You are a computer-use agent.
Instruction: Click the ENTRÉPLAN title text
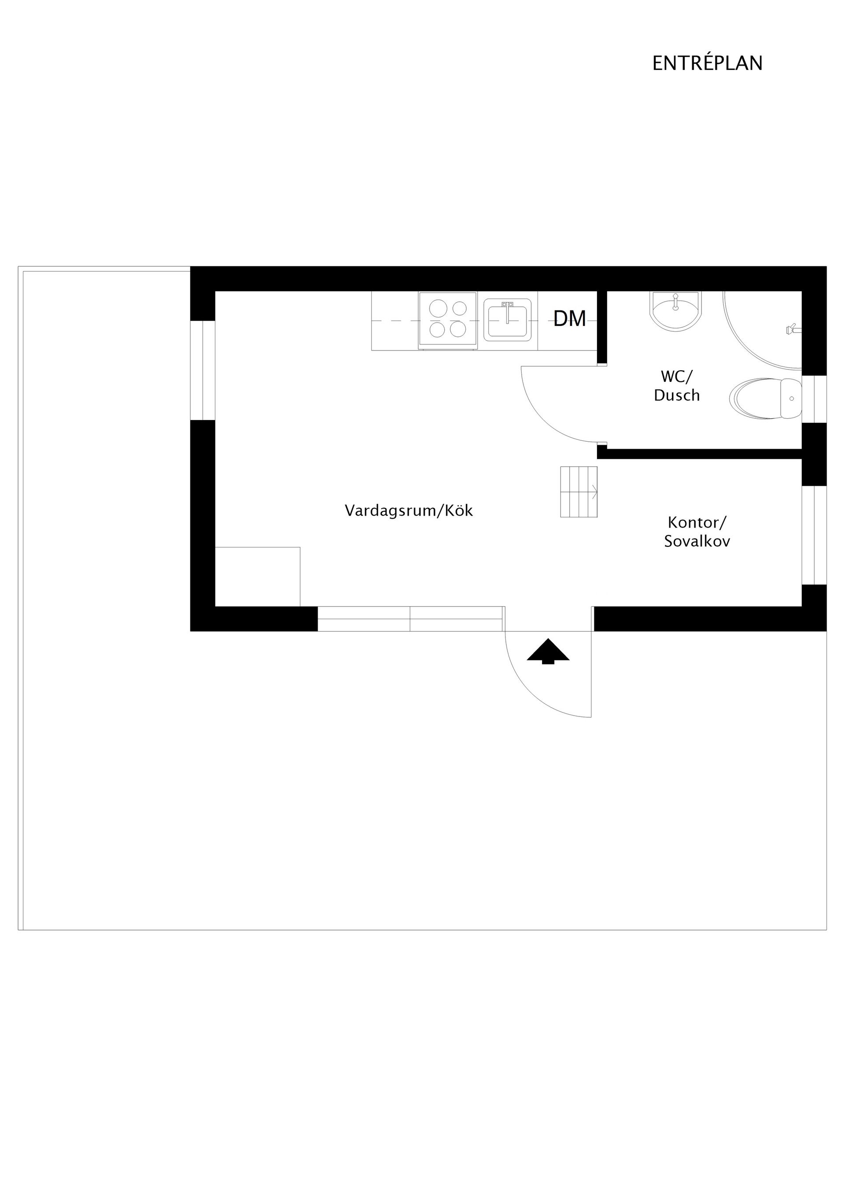[707, 63]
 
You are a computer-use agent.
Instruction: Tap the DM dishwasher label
[570, 319]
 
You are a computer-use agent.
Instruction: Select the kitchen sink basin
[508, 320]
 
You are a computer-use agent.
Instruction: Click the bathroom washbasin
[675, 311]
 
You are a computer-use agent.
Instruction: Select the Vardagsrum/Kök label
[408, 510]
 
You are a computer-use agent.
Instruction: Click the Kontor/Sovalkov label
[697, 532]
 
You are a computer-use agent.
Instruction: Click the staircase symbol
[579, 492]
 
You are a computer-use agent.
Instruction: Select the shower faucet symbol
[793, 329]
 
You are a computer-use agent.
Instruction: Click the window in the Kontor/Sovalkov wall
[814, 535]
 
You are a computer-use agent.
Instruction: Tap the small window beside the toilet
[814, 399]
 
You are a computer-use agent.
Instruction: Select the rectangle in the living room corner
[257, 577]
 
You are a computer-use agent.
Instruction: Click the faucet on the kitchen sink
[507, 311]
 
